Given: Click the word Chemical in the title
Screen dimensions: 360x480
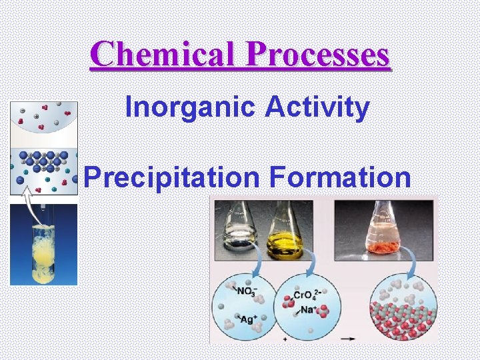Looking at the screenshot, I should (x=163, y=55).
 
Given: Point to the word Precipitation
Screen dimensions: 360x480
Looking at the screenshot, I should (x=172, y=177).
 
